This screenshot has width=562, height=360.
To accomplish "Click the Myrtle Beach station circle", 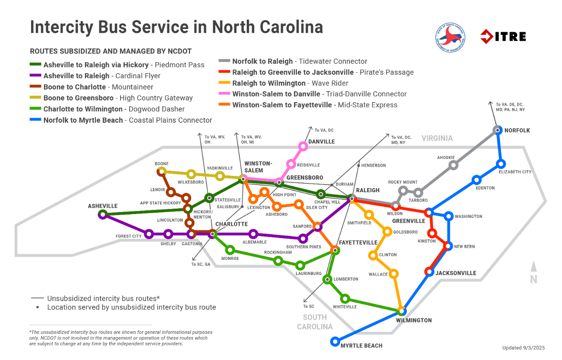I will (x=335, y=341).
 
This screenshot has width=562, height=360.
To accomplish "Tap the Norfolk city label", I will (x=517, y=130).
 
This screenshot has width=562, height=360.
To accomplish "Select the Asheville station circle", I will (x=103, y=215).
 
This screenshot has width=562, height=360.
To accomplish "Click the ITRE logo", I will (x=503, y=36).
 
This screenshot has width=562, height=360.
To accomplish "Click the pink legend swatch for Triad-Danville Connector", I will (x=224, y=94).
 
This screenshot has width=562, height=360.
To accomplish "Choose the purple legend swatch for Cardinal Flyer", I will (x=36, y=76).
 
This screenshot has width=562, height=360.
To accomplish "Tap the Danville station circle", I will (x=303, y=146).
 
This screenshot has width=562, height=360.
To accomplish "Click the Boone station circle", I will (x=161, y=171).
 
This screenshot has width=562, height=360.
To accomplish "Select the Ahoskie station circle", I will (x=453, y=165).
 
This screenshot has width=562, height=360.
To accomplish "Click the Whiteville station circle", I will (x=345, y=299).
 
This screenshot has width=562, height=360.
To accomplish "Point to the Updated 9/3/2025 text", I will (x=523, y=347).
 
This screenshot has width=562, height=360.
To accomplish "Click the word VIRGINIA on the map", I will (x=437, y=138).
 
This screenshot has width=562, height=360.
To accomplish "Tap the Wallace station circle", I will (x=393, y=273).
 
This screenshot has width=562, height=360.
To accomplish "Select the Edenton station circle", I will (x=476, y=180).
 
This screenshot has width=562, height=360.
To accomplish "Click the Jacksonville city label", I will (x=456, y=273).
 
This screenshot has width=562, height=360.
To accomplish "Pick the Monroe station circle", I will (x=230, y=250).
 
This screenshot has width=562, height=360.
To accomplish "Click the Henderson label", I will (x=373, y=165).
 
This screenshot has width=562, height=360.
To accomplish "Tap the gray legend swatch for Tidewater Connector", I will (x=224, y=61).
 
